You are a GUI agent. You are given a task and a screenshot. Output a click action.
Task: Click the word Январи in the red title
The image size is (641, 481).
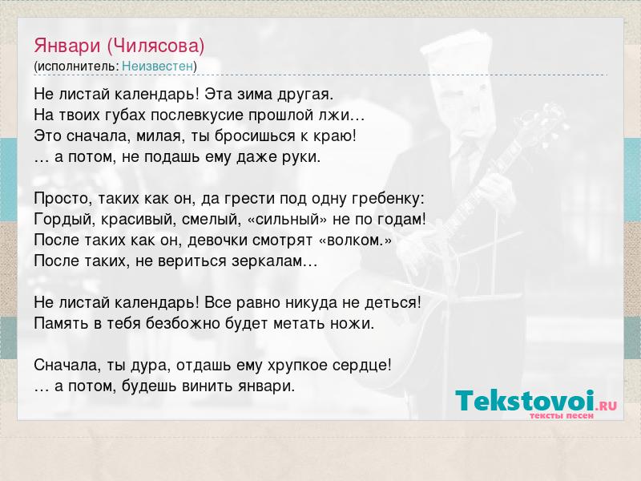[x=67, y=46]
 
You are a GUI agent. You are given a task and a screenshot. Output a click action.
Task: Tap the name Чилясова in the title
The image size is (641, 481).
[x=155, y=46]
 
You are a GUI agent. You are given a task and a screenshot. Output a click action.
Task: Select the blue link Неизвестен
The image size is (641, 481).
[x=157, y=66]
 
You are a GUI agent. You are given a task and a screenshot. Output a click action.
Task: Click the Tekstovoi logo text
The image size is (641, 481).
[x=525, y=400]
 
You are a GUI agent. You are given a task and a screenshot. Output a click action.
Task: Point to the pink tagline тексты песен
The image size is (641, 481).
[x=562, y=415]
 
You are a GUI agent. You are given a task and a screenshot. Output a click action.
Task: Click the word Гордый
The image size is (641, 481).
[x=65, y=220]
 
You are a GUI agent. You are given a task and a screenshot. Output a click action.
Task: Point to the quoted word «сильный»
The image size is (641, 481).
[x=288, y=220]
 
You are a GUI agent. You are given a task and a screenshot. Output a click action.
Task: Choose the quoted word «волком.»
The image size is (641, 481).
[x=355, y=240]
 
